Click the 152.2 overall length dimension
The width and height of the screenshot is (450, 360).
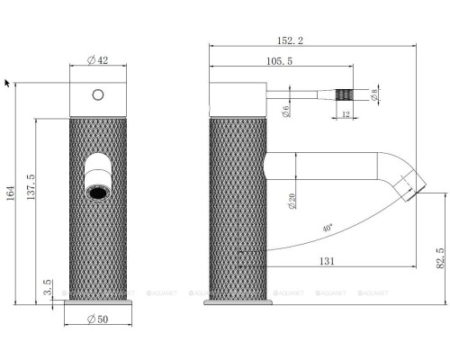point(290,40)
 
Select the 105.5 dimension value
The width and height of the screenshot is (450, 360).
point(279,61)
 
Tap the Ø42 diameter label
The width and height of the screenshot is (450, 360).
point(97,60)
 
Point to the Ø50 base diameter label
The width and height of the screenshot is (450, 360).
point(97,319)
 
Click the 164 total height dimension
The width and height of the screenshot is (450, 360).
point(11,193)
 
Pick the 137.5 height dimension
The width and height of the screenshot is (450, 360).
point(31,187)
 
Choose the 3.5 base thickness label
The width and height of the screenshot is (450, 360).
point(48,287)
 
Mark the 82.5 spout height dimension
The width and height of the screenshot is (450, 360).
point(440,258)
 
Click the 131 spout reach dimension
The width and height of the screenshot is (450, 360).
point(327,261)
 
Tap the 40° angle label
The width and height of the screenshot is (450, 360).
point(328,228)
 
